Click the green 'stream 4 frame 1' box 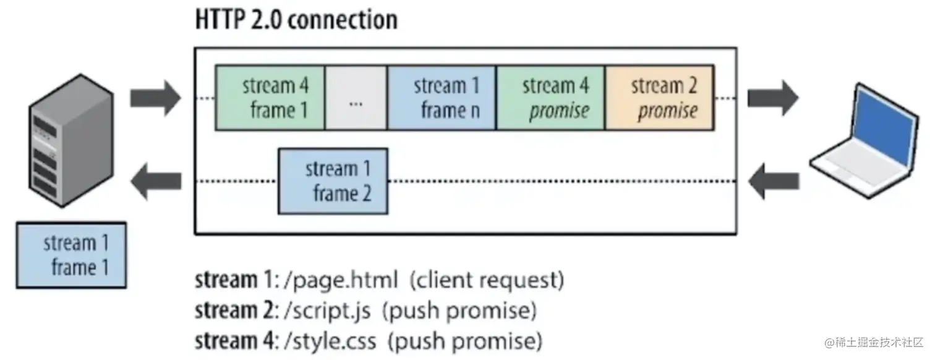270,98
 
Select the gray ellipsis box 356,98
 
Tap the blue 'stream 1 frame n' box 442,98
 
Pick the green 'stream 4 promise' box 550,98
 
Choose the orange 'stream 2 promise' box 660,98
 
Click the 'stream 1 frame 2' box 333,181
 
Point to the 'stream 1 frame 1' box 72,255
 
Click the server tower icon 72,139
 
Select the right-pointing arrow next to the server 155,98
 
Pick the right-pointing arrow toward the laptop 772,98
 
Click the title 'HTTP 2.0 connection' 296,20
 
